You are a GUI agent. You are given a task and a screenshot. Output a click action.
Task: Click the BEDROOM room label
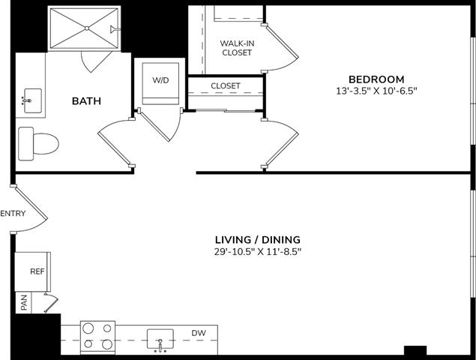point(376,79)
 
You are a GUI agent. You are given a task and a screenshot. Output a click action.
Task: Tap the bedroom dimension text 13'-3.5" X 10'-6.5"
point(376,91)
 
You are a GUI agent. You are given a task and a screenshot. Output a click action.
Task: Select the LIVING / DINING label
point(258,240)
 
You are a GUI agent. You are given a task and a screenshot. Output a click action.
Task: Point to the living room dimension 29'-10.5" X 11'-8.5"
point(258,251)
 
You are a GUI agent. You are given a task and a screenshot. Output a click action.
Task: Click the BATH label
point(86,100)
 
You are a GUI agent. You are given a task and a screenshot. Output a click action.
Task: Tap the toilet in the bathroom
point(38,143)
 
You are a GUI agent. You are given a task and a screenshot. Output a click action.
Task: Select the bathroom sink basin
point(33,100)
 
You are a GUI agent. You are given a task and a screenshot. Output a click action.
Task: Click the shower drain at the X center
point(87,28)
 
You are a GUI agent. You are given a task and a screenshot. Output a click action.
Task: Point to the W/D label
point(160,80)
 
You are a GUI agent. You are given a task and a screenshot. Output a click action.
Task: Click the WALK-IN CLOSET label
point(237,48)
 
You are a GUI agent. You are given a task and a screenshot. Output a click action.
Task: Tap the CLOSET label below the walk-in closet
point(226,86)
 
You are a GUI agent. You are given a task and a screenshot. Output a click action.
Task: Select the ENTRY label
point(13,213)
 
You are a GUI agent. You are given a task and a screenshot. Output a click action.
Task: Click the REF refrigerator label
point(37,271)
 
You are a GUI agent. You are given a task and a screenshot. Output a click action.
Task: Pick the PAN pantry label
point(24,302)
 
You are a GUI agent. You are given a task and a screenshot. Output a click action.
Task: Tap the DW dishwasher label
point(199,333)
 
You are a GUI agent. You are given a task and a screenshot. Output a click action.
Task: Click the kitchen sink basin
point(160,339)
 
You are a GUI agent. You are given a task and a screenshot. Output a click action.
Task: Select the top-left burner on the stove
point(88,328)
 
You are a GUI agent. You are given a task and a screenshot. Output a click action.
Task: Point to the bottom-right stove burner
point(107,344)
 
